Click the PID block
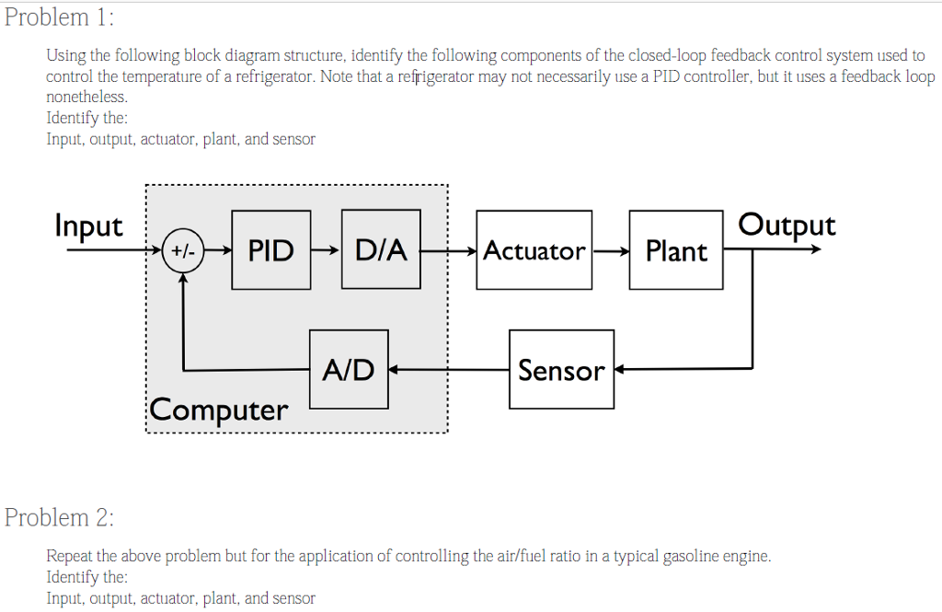[x=271, y=249]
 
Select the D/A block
[x=381, y=249]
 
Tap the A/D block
[x=349, y=369]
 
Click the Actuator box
[x=534, y=250]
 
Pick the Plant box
[x=676, y=250]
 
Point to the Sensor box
[x=561, y=370]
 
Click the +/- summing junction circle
[x=183, y=250]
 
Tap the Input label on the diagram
[x=88, y=225]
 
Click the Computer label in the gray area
[x=219, y=410]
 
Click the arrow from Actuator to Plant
[x=611, y=250]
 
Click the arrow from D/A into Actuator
[x=449, y=250]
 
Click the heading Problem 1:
[x=60, y=17]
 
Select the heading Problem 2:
[x=60, y=517]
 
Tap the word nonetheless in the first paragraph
[x=87, y=96]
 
